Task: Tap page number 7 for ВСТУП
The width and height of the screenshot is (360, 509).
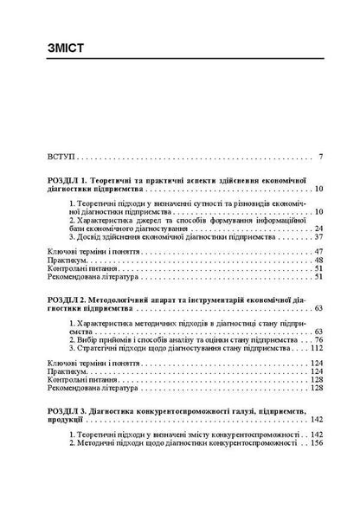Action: click(x=320, y=158)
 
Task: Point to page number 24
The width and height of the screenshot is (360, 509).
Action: click(x=318, y=228)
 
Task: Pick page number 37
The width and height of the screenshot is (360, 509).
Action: click(x=318, y=236)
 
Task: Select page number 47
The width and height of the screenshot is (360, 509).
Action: click(x=318, y=250)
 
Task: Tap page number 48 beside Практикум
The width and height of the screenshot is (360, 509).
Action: click(x=318, y=259)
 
